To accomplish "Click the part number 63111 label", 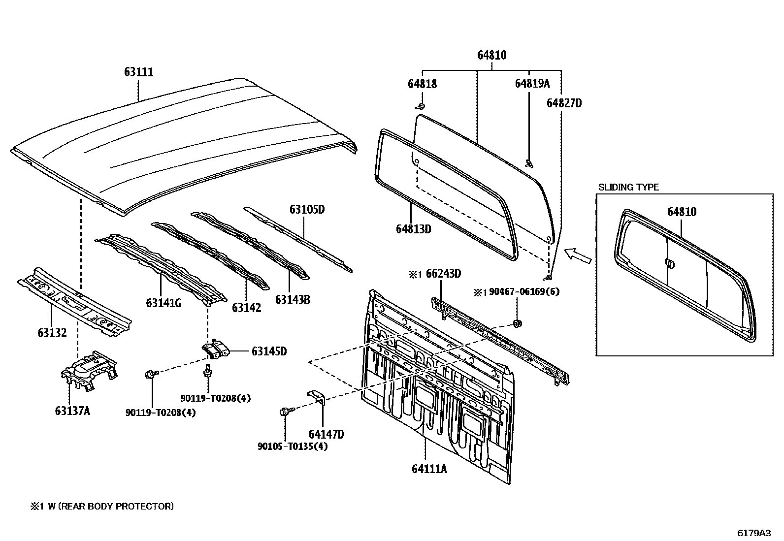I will (x=138, y=72).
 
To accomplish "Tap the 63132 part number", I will (x=52, y=333).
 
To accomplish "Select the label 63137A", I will (x=72, y=411).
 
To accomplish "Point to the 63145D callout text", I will (x=269, y=351).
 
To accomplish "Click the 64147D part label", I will (x=326, y=434).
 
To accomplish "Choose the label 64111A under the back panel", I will (x=429, y=469).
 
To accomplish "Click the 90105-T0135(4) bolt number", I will (x=293, y=446).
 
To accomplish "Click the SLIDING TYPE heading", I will (x=628, y=187).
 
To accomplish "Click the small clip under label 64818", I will (x=420, y=106).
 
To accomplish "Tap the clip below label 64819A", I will (x=529, y=163).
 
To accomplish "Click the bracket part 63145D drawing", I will (x=216, y=350).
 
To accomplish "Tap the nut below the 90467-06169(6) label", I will (x=517, y=323).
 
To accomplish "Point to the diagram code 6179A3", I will (x=753, y=533).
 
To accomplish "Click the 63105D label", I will (x=307, y=209).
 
